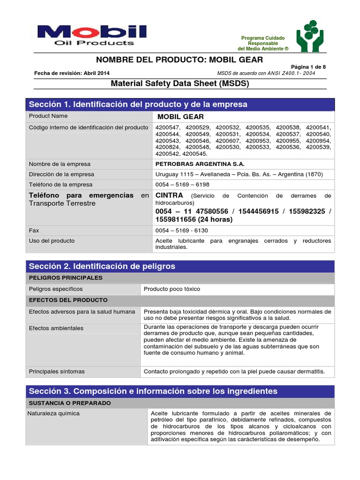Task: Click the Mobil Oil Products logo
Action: point(92,35)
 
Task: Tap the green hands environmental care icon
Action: point(309,36)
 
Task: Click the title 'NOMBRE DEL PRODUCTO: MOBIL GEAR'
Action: point(180,60)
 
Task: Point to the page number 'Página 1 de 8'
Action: point(308,67)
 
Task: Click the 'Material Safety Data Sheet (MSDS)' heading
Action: point(180,84)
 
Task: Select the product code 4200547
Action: point(167,127)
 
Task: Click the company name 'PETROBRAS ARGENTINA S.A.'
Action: point(200,164)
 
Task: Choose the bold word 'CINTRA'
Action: point(169,195)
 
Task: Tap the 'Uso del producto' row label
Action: point(52,241)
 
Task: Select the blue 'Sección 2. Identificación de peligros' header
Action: point(102,266)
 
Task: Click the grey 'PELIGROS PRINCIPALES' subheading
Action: point(66,278)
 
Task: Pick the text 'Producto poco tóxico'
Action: point(172,289)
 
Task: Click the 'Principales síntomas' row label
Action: point(57,372)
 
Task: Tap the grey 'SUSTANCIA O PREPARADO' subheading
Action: point(70,403)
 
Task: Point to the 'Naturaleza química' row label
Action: point(53,413)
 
